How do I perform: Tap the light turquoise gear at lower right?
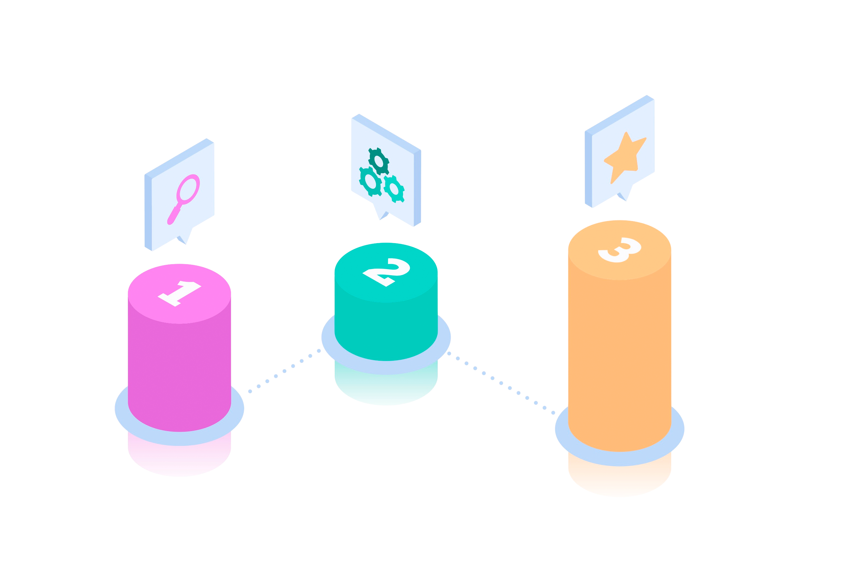tap(394, 189)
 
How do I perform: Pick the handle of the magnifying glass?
tap(173, 216)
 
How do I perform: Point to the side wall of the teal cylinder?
tap(386, 329)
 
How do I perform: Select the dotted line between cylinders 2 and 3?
tap(501, 383)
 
